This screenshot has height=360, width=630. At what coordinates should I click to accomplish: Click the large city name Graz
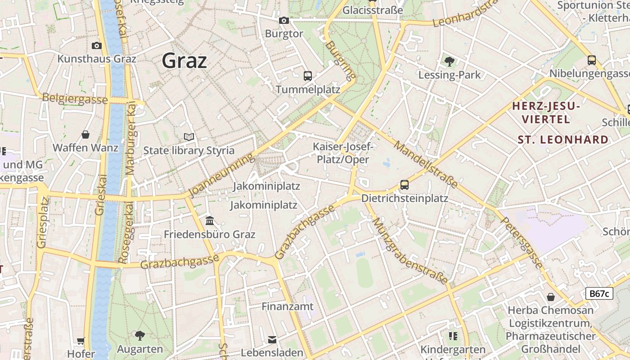pos(184,60)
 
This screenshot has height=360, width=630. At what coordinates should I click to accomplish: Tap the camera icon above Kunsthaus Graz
pos(96,45)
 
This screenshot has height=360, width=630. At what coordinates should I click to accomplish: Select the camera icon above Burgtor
pos(283,20)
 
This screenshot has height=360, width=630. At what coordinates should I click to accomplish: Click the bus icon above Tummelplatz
pos(308,76)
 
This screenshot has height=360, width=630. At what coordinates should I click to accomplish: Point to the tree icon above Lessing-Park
pos(449,61)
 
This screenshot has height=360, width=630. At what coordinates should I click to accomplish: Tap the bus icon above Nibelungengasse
pos(592,60)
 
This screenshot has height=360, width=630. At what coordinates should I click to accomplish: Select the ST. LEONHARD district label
pos(563,139)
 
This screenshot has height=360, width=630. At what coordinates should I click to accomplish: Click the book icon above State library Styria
pos(189,137)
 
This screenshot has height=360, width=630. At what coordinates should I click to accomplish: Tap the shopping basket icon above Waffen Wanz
pos(85,135)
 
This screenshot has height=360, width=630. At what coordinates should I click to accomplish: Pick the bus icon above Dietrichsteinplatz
pos(405,184)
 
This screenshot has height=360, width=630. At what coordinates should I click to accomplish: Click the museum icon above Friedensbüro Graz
pos(210,220)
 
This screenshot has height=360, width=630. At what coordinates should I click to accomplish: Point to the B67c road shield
pos(599,294)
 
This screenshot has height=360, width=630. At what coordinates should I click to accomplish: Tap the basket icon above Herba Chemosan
pos(550,297)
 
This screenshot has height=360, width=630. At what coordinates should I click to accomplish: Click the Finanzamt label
pos(288,306)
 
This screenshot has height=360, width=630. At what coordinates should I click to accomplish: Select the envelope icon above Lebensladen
pos(272,339)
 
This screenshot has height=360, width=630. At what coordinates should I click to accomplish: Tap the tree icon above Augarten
pos(140,335)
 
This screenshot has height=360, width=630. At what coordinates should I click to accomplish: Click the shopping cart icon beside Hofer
pos(81,341)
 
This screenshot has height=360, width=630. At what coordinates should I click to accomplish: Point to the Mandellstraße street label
pos(426,164)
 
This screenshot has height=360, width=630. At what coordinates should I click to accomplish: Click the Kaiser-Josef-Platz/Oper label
pos(343,153)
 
